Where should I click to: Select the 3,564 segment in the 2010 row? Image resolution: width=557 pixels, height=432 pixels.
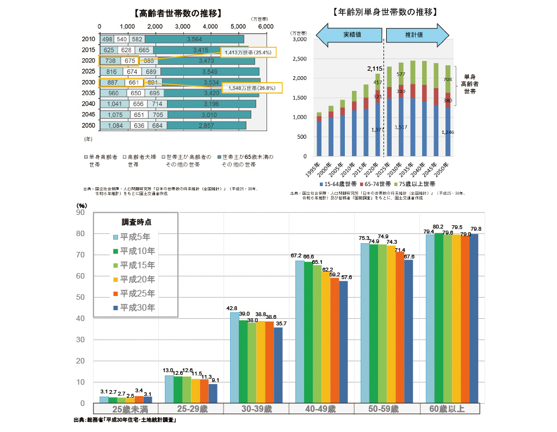point(194,39)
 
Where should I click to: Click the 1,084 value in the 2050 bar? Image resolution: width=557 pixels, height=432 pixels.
point(115,126)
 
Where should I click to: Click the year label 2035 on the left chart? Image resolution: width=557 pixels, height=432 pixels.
point(88,93)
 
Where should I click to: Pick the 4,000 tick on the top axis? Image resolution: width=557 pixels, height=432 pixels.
point(209,26)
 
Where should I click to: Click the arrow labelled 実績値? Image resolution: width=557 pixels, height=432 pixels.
point(348,34)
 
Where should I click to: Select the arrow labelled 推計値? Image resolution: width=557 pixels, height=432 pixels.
point(417,34)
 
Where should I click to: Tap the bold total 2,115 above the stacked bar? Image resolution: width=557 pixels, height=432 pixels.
point(375,69)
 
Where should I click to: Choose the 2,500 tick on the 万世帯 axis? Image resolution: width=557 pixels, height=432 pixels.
point(299,59)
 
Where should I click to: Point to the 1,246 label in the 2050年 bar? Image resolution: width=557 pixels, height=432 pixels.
point(448,132)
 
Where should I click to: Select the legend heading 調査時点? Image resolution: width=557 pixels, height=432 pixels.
point(136,222)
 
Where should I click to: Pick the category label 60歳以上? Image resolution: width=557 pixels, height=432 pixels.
point(447,409)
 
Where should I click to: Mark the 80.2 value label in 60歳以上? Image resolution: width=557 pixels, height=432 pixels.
point(438,226)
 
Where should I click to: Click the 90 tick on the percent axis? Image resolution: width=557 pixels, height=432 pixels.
point(80,212)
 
